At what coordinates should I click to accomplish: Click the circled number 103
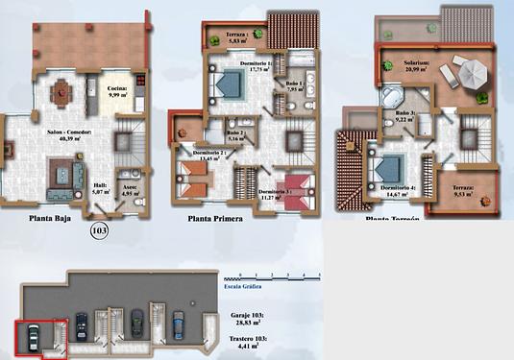click(x=99, y=230)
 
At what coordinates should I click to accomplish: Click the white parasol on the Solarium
click(x=472, y=72)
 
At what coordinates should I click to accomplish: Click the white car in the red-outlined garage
click(x=34, y=337)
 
